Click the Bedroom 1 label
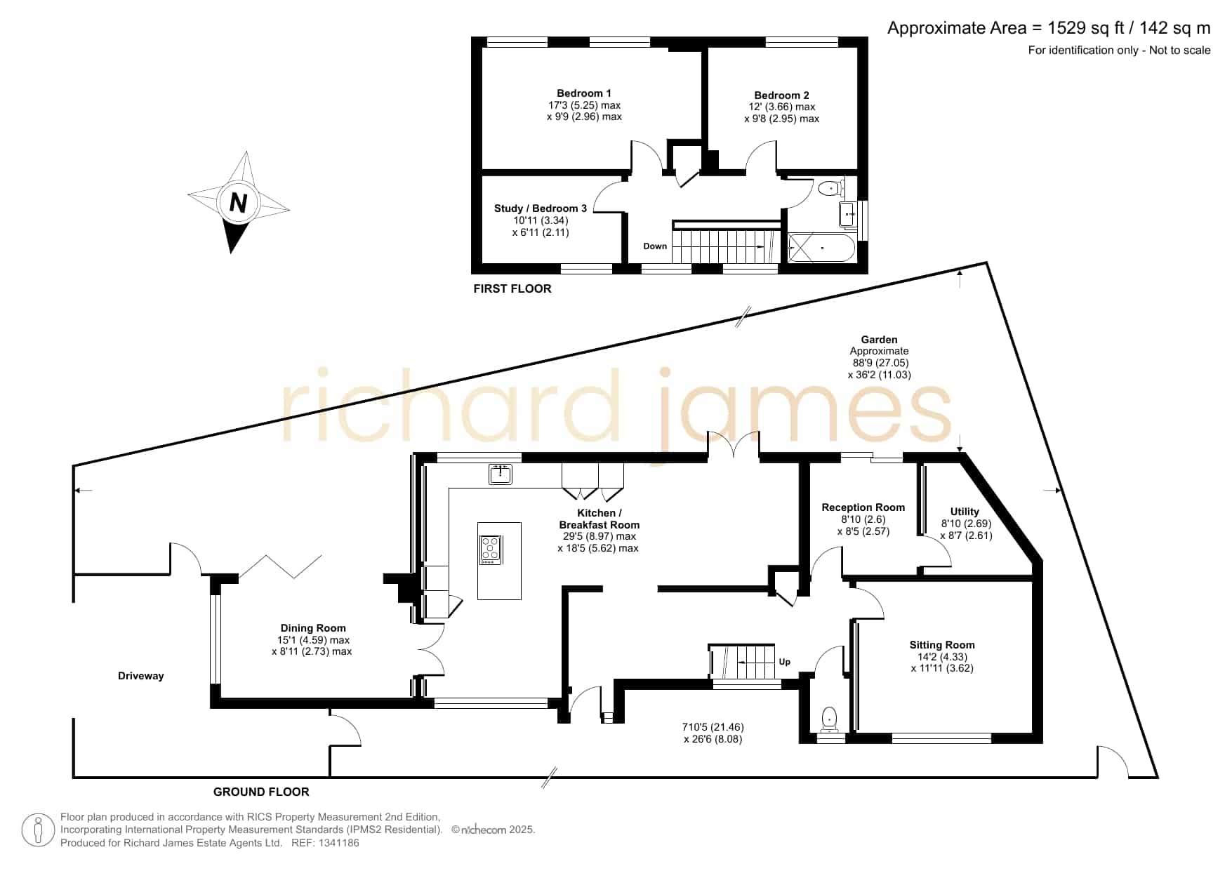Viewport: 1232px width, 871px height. click(584, 93)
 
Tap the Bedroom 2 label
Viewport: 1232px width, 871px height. click(781, 95)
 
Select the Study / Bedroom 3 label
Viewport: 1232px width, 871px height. click(541, 208)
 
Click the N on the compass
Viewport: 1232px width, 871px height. click(239, 203)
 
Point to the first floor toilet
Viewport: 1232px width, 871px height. click(830, 188)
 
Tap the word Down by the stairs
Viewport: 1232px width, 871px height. click(655, 246)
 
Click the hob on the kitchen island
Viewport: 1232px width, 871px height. click(490, 549)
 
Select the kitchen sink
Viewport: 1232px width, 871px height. click(501, 474)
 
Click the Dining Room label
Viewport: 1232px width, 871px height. click(313, 628)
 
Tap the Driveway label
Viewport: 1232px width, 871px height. click(140, 676)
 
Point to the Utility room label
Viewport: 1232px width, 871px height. click(965, 512)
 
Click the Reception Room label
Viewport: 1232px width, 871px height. click(863, 507)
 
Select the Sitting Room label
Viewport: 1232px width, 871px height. click(942, 645)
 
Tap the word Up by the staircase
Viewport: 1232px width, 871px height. click(785, 662)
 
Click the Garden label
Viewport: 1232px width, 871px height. click(880, 340)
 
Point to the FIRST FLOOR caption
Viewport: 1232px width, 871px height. click(512, 288)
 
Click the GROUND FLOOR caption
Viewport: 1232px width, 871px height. click(261, 792)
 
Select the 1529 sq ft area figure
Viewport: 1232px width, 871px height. click(1085, 28)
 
